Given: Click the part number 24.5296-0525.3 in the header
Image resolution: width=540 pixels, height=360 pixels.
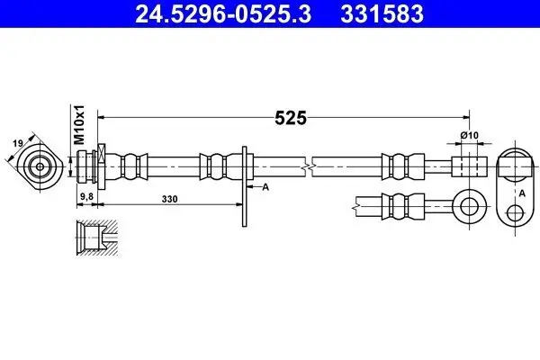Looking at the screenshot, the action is pyautogui.click(x=223, y=13).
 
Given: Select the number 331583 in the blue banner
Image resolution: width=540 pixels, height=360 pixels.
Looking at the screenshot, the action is pyautogui.click(x=382, y=13).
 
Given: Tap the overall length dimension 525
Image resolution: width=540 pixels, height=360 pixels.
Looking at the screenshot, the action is pyautogui.click(x=291, y=118).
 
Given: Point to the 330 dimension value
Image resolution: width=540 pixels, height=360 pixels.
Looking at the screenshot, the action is pyautogui.click(x=170, y=199).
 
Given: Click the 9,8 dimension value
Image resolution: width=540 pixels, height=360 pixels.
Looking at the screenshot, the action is pyautogui.click(x=86, y=197).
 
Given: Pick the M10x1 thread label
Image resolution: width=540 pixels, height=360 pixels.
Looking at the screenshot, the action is pyautogui.click(x=79, y=125).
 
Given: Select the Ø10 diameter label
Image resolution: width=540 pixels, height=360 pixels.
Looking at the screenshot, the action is pyautogui.click(x=470, y=135).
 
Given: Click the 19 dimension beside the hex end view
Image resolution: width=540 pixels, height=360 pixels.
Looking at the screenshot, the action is pyautogui.click(x=18, y=143).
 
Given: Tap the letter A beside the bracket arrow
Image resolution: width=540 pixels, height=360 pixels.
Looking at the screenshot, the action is pyautogui.click(x=265, y=187).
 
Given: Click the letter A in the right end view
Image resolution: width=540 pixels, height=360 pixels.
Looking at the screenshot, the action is pyautogui.click(x=522, y=193).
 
